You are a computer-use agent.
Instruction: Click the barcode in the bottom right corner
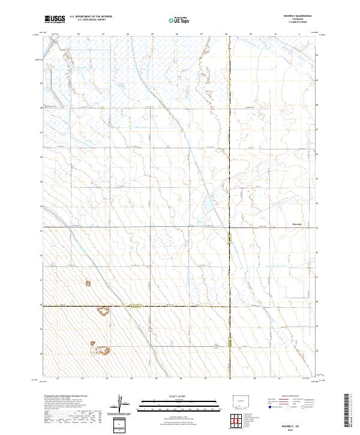[x=350, y=413]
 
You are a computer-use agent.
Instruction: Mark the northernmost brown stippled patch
[x=88, y=281]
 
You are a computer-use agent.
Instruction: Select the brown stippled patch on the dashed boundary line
[x=103, y=310]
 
